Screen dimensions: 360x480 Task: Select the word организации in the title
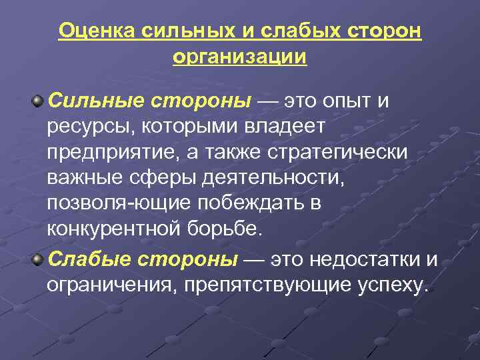click(240, 57)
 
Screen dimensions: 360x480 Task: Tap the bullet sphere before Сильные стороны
click(39, 101)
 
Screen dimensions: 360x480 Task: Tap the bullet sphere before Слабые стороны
click(39, 258)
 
